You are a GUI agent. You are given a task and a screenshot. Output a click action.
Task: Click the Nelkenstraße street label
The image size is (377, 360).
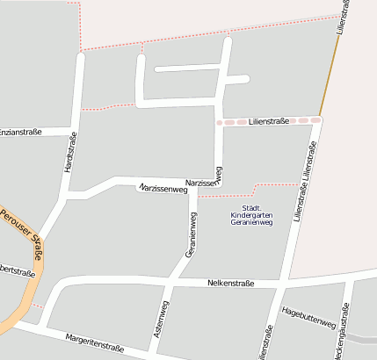[231, 283]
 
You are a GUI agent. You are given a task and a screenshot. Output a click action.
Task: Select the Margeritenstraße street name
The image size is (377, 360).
[95, 343]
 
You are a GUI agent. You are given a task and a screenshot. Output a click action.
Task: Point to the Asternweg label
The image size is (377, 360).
[161, 320]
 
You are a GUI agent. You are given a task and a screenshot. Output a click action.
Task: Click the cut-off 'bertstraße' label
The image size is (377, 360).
[18, 270]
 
